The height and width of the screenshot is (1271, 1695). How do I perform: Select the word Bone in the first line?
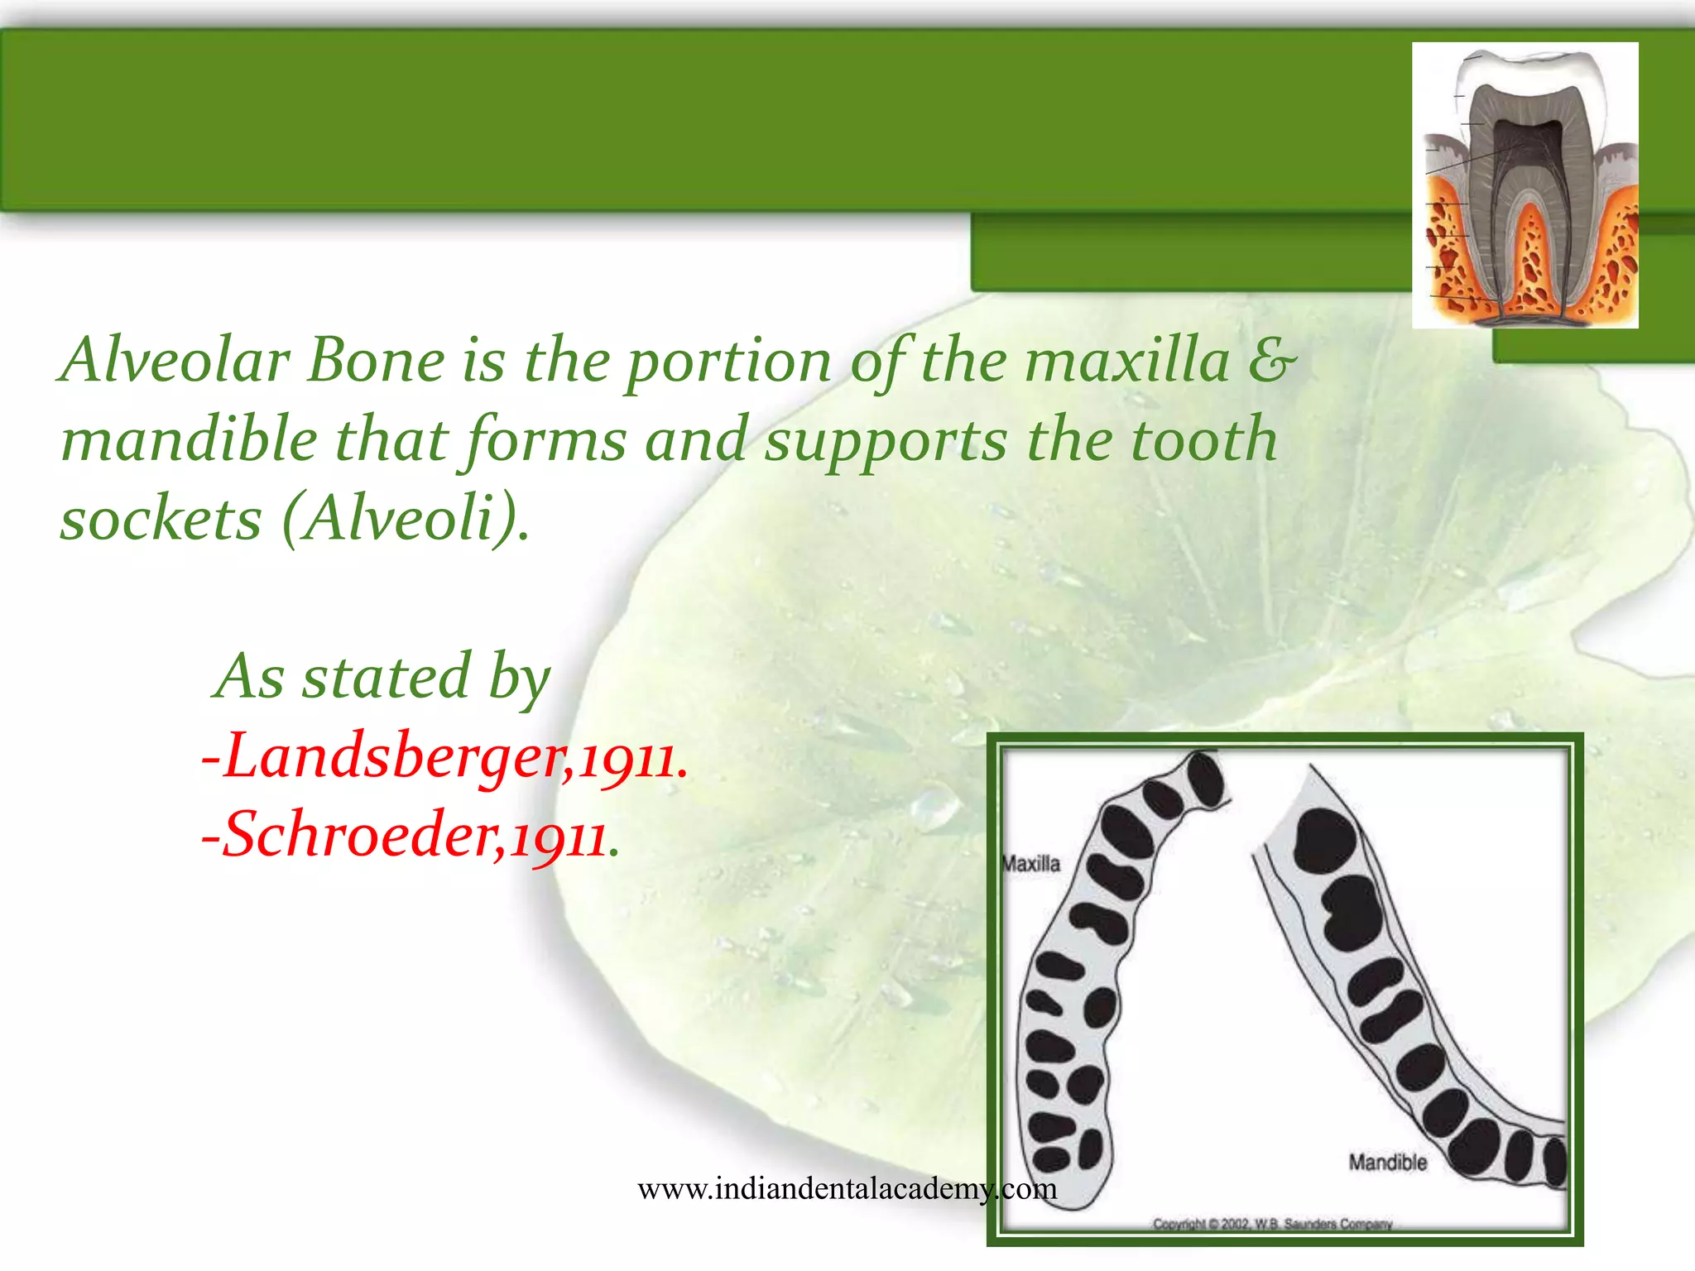pyautogui.click(x=376, y=361)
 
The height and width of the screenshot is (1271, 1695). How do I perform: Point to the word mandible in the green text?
pyautogui.click(x=189, y=439)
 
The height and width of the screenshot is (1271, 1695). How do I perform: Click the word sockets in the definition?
pyautogui.click(x=161, y=520)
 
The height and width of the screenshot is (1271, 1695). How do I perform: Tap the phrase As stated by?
pyautogui.click(x=382, y=677)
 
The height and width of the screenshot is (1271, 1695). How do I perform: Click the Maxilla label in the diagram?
pyautogui.click(x=1031, y=864)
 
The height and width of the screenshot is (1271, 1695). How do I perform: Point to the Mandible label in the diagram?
pyautogui.click(x=1388, y=1163)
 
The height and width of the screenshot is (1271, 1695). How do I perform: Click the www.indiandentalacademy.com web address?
pyautogui.click(x=847, y=1189)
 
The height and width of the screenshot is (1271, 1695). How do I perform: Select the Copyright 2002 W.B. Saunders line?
pyautogui.click(x=1272, y=1224)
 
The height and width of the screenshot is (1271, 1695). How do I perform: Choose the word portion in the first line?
pyautogui.click(x=728, y=362)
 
